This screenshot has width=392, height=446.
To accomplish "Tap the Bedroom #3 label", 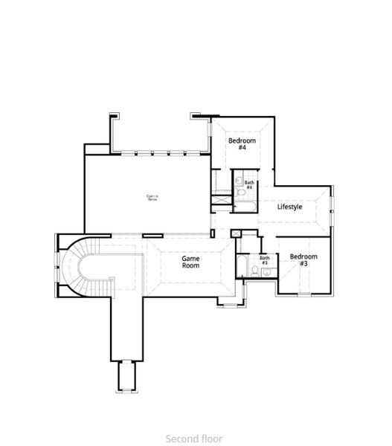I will [303, 260].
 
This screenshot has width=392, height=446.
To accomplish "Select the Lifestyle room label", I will [289, 207].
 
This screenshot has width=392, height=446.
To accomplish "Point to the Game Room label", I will [191, 262].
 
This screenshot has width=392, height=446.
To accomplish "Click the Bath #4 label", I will [249, 185].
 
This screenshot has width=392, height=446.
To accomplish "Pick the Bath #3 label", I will [264, 261].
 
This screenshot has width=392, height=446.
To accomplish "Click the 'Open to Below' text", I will [152, 198].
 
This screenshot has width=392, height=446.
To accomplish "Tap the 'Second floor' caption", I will [195, 439].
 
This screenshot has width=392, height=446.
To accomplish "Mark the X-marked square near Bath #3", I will [236, 233].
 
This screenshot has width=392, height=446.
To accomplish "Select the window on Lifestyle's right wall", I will [332, 207].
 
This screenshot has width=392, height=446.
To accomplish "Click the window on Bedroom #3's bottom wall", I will [303, 294].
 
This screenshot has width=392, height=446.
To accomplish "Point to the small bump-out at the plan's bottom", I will [126, 377].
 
